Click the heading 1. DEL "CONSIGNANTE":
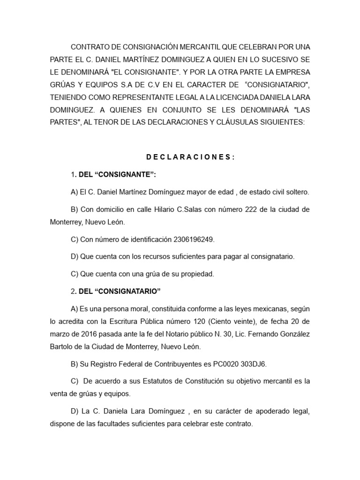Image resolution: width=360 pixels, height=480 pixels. tap(113, 175)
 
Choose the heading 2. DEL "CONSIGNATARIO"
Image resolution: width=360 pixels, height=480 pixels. tap(116, 292)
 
